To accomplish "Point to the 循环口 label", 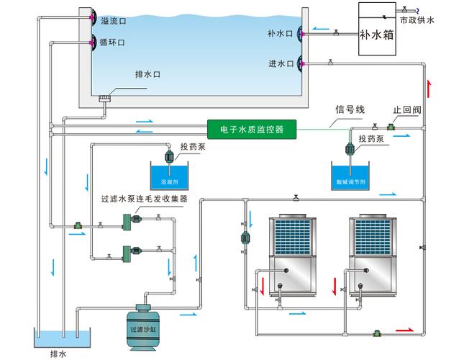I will [113, 43].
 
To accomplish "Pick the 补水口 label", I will [280, 33].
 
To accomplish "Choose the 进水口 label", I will [280, 63].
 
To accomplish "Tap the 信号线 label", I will [350, 109].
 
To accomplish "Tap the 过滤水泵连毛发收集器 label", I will [144, 198].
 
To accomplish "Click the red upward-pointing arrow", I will [430, 89].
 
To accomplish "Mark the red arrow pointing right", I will [404, 329].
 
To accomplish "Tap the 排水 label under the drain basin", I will [58, 354].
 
